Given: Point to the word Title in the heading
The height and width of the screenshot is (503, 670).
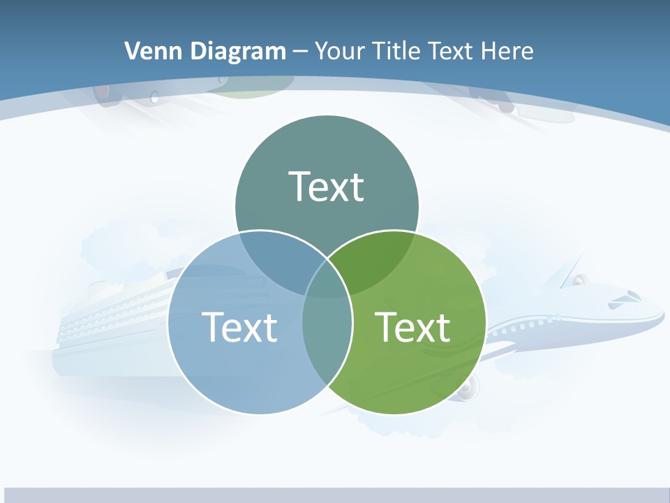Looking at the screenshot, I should [396, 51].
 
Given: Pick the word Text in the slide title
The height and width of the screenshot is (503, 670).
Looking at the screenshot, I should [452, 51].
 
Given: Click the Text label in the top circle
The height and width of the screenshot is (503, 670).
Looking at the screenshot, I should [327, 187].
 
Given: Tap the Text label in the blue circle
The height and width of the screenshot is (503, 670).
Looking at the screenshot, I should [239, 327].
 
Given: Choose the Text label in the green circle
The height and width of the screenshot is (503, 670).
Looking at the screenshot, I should [412, 327].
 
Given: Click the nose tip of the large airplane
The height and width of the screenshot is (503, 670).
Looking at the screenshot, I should [662, 319].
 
